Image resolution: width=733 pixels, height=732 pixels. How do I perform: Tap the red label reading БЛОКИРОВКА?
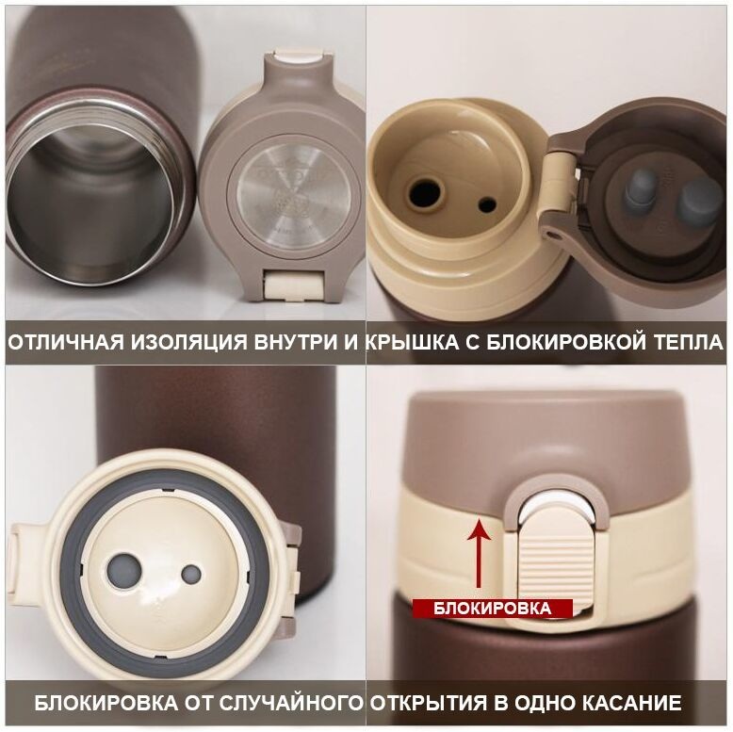(x=492, y=609)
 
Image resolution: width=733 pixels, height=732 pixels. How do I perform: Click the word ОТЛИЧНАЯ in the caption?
(x=66, y=342)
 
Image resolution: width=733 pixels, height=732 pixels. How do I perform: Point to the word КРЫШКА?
(x=413, y=342)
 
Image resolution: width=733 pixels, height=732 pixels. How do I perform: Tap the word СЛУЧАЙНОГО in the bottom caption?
(x=291, y=703)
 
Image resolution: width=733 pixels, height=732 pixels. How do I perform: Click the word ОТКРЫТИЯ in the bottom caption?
(x=429, y=703)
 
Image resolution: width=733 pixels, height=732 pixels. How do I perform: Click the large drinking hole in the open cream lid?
(x=425, y=192)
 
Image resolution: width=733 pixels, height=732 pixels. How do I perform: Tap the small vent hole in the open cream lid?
(x=487, y=204)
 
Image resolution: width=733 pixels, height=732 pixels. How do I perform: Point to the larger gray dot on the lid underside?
(x=123, y=571)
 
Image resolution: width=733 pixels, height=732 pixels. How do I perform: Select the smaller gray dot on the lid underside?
(x=190, y=574)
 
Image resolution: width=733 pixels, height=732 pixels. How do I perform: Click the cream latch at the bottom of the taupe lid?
(x=293, y=286)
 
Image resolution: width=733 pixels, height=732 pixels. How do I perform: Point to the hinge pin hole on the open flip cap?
(x=554, y=234)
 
